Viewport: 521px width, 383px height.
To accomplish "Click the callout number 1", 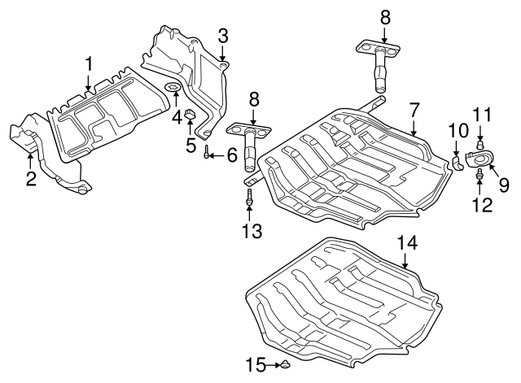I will [90, 63].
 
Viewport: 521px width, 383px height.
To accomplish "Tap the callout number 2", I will [30, 178].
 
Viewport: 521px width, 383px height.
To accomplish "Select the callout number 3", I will [222, 35].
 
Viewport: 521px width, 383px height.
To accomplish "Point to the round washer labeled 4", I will [173, 87].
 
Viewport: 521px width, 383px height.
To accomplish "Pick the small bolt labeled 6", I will [207, 152].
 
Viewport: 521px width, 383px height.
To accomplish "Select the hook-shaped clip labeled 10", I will [459, 162].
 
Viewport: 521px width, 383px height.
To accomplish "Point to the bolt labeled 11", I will [480, 145].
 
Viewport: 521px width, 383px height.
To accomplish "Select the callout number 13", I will [252, 231].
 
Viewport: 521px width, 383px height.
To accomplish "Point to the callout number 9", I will [503, 185].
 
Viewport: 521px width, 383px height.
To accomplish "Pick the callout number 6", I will [231, 153].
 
